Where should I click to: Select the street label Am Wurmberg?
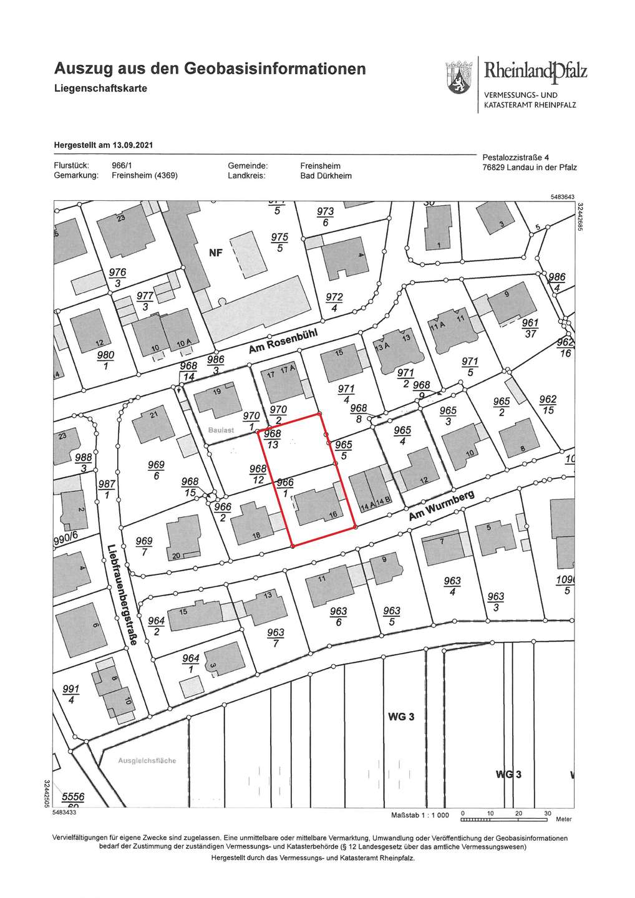pos(442,506)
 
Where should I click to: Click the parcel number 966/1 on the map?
pos(284,488)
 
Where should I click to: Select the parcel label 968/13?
pos(273,439)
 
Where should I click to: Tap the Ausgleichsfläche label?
pos(147,760)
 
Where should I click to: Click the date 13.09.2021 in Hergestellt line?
pos(132,145)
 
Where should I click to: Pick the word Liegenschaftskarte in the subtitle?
pos(100,88)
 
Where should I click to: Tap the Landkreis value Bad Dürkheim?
pos(326,176)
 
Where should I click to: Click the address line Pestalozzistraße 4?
pos(516,157)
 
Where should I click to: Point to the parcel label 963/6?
pos(338,616)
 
